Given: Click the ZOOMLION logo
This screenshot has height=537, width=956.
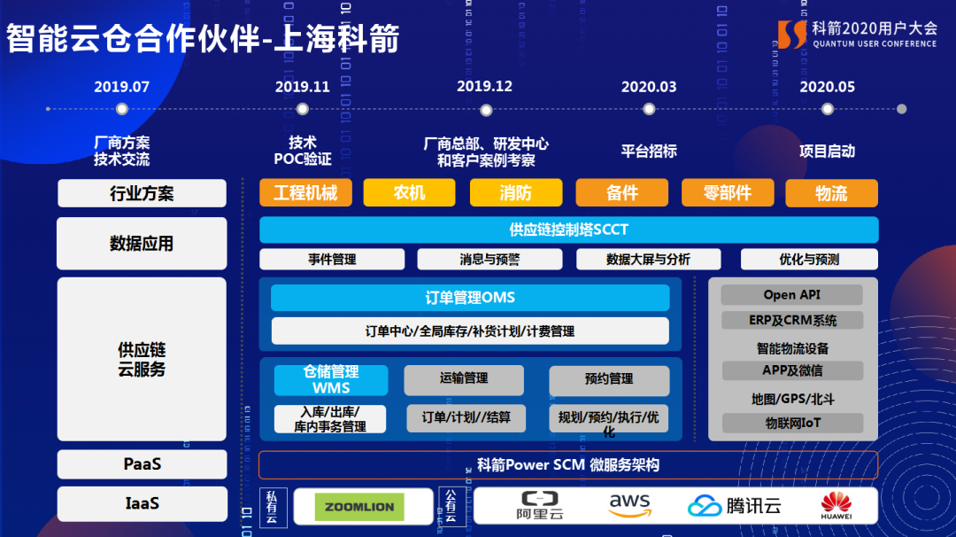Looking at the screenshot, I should pos(359,507).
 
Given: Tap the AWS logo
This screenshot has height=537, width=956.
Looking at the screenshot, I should pos(629,506).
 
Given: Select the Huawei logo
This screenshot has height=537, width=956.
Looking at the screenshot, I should pos(836,505).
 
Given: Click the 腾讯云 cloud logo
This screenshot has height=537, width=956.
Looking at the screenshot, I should pos(735,506).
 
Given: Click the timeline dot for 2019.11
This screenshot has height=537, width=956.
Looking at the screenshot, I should pos(303,109).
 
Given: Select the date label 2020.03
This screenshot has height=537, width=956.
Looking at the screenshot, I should pos(649,87).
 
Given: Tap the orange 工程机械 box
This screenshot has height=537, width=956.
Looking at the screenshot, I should pos(305,193).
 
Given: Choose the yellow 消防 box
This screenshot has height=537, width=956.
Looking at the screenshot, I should pos(515,193).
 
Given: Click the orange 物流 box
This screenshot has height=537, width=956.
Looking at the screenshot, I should pos(831,193).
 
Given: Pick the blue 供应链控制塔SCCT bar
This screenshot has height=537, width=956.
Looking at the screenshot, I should pos(568,230).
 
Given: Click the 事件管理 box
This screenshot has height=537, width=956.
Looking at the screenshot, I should pos(332,260).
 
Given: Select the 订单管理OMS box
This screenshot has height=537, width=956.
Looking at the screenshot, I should pos(470,298).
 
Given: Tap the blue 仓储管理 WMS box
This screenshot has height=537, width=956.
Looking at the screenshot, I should pos(331,380).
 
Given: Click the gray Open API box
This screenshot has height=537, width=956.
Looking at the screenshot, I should pos(791,295).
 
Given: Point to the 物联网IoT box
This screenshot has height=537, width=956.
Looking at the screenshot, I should pos(792,423).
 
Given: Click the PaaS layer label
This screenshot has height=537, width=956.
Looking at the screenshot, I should pos(142,464).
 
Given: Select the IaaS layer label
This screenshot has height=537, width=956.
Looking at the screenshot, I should pos(142,503).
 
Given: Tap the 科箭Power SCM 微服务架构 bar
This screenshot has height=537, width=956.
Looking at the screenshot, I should pos(568,465).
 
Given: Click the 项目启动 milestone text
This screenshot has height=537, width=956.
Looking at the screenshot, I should pos(827,151).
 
